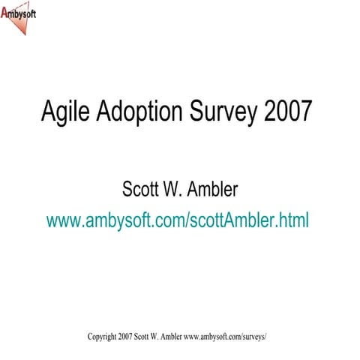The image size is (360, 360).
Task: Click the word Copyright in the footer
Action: coord(101,337)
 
